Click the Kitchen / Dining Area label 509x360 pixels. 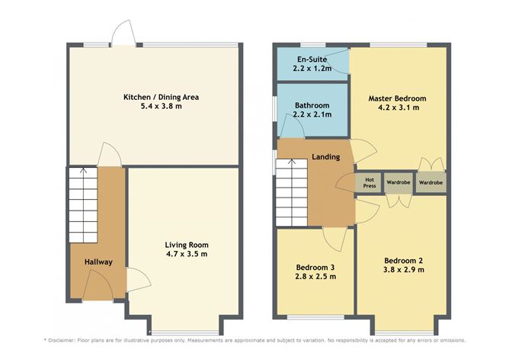(x=155, y=97)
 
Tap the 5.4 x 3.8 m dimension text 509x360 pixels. (x=155, y=107)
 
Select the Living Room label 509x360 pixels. (x=187, y=244)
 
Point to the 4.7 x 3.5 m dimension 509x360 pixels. (x=187, y=254)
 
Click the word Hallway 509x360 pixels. (x=98, y=262)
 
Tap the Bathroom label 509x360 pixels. (x=312, y=105)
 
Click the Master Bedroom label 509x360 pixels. (x=397, y=99)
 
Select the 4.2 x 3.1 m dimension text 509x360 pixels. (x=397, y=109)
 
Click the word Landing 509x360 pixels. (x=326, y=157)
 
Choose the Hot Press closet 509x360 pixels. (x=369, y=183)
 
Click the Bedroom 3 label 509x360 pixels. (x=315, y=267)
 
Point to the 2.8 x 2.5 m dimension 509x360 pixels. (x=315, y=277)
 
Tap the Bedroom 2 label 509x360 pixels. (x=403, y=259)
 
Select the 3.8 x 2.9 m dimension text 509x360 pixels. (x=403, y=269)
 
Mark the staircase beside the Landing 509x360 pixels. (x=290, y=193)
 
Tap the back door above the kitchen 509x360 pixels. (x=123, y=34)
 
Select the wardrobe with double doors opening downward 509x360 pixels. (x=398, y=183)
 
